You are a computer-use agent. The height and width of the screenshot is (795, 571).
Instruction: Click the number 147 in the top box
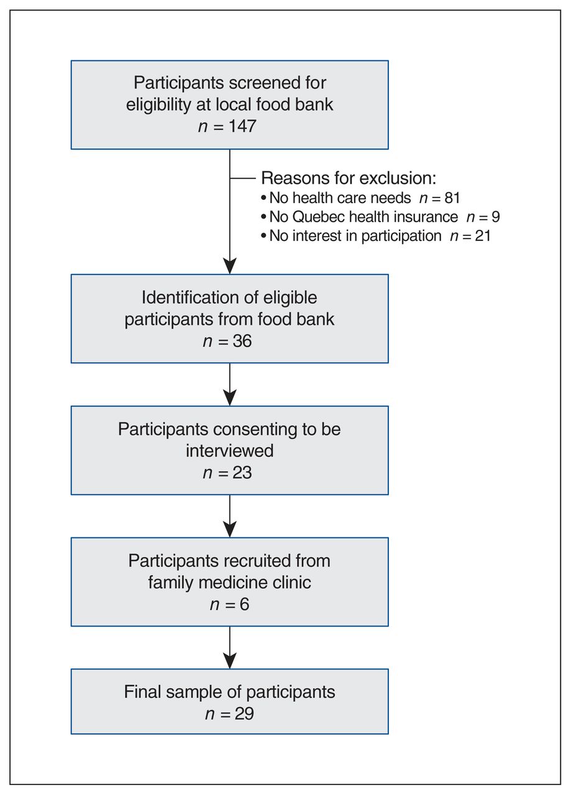coord(242,126)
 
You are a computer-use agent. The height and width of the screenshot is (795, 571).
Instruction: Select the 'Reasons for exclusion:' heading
coord(349,178)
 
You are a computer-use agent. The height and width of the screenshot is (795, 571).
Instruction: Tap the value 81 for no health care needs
coord(452,198)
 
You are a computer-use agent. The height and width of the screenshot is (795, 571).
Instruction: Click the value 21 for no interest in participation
coord(483,236)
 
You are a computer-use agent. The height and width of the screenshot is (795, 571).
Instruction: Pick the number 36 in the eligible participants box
coord(242,341)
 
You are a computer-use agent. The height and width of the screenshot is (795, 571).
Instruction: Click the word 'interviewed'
coord(230,451)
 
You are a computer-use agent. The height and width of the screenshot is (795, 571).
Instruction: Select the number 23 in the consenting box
coord(242,473)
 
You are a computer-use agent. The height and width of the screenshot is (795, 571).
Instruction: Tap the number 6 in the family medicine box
coord(244,604)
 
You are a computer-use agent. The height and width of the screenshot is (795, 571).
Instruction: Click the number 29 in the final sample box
coord(244,714)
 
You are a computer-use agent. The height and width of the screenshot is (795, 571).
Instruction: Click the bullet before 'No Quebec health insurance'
coord(263,217)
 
